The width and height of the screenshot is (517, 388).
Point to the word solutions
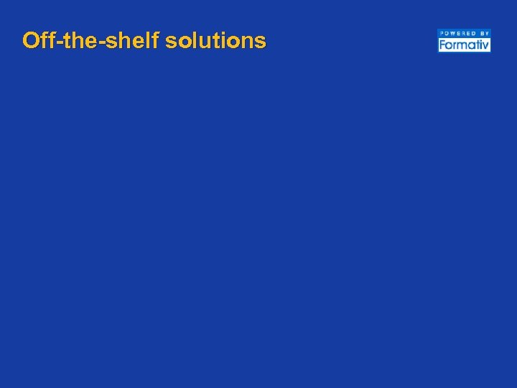tap(215, 40)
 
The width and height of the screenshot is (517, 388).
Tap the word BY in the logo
tap(484, 33)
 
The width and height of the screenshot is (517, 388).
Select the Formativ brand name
tap(464, 45)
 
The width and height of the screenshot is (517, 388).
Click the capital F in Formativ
tap(442, 45)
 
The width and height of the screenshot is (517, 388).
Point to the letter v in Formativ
tap(486, 46)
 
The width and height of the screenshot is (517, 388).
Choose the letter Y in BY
tap(487, 33)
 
